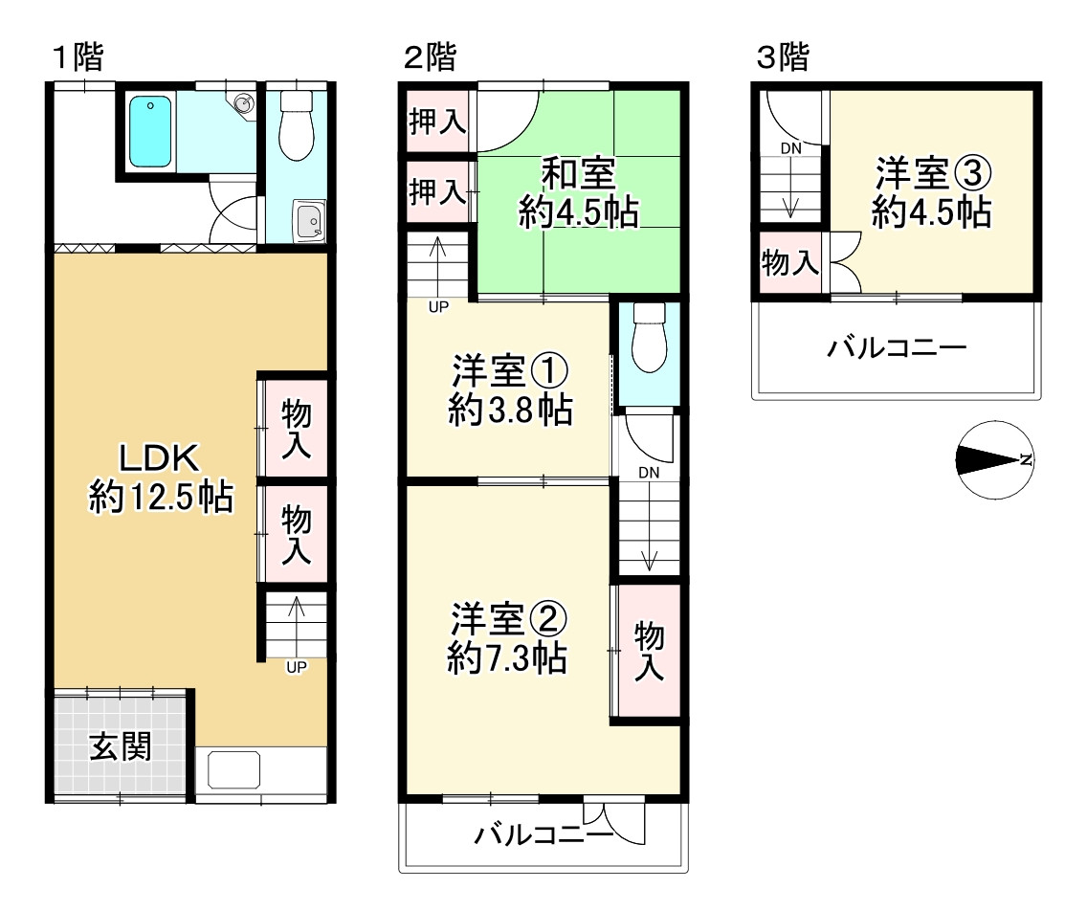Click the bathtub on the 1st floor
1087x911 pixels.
149,132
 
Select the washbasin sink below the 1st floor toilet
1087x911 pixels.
309,223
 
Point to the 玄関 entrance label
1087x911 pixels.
122,746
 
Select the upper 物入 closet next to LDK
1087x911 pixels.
296,428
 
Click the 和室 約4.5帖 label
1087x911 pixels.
578,194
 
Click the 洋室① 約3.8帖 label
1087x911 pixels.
510,389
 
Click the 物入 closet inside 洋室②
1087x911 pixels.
649,651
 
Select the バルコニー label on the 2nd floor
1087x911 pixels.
543,835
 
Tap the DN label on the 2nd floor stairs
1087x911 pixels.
649,473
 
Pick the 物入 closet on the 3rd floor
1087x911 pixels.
789,263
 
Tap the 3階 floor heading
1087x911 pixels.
783,58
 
